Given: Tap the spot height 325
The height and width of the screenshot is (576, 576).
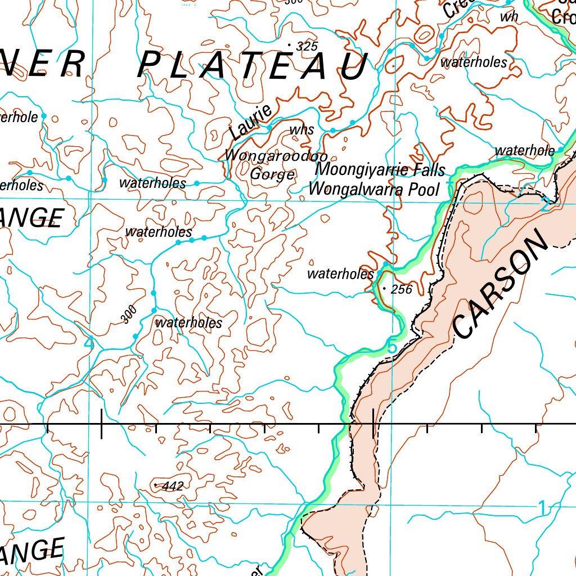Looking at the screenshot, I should coord(306,47).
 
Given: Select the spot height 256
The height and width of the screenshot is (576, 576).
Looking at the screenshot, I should coord(401,290).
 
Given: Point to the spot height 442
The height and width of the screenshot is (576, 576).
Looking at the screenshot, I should coord(172,486).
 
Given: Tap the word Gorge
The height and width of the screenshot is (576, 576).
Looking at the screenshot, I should coord(272,174).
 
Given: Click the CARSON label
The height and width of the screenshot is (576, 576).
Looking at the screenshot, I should coord(499,287).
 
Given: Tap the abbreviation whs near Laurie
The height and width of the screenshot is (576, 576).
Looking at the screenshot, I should coord(301,130).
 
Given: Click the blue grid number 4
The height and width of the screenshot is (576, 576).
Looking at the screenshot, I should coord(89,343).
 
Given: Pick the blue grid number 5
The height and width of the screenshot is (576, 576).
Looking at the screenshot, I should coord(391,348).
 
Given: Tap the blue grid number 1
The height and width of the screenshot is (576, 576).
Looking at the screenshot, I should coord(541,508).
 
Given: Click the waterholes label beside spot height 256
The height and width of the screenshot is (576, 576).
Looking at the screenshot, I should coord(340,274).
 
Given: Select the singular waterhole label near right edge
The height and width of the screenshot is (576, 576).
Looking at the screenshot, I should coord(524,150).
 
